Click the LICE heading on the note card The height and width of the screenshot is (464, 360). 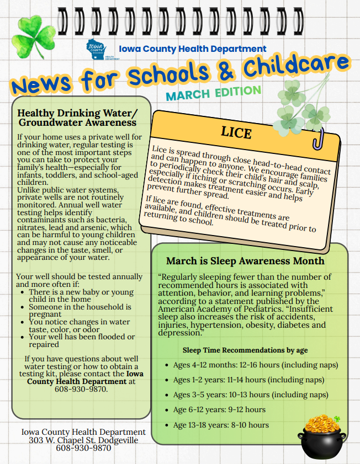click(236, 132)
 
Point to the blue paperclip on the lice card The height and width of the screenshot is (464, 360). click(318, 140)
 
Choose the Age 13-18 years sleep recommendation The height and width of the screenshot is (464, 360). click(221, 425)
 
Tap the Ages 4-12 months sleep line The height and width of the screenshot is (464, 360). click(255, 365)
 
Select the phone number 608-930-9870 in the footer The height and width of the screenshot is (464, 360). click(83, 448)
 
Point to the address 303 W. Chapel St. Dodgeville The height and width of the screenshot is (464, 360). click(83, 440)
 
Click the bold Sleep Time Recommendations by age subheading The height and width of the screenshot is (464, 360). click(245, 350)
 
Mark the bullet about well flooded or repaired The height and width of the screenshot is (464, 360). click(81, 340)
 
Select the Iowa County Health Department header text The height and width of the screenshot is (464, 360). click(193, 49)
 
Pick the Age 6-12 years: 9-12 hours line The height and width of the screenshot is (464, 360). click(219, 410)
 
